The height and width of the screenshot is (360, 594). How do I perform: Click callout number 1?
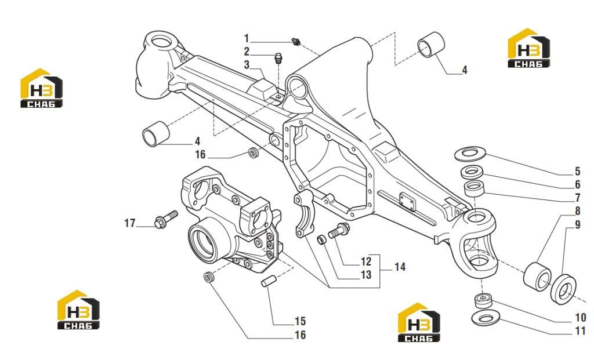tap(246, 39)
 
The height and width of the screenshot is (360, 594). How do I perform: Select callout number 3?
tap(247, 65)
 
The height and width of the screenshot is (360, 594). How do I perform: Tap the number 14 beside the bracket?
tap(400, 267)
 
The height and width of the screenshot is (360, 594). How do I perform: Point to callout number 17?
tap(129, 223)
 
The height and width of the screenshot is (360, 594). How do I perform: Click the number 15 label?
tap(300, 321)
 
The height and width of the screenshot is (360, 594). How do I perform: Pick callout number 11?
tap(580, 331)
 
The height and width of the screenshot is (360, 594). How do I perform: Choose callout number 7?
tap(578, 198)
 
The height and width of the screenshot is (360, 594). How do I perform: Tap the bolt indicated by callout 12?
tap(339, 231)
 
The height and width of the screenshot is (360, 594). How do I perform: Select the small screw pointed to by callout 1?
tap(296, 42)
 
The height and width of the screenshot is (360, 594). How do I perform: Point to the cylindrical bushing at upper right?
tap(431, 45)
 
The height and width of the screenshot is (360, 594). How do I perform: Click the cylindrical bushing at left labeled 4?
tap(155, 134)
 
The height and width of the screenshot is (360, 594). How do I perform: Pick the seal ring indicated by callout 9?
tap(563, 290)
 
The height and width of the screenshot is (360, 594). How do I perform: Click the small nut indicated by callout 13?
tap(321, 239)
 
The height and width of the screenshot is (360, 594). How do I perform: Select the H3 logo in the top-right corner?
tap(528, 48)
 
